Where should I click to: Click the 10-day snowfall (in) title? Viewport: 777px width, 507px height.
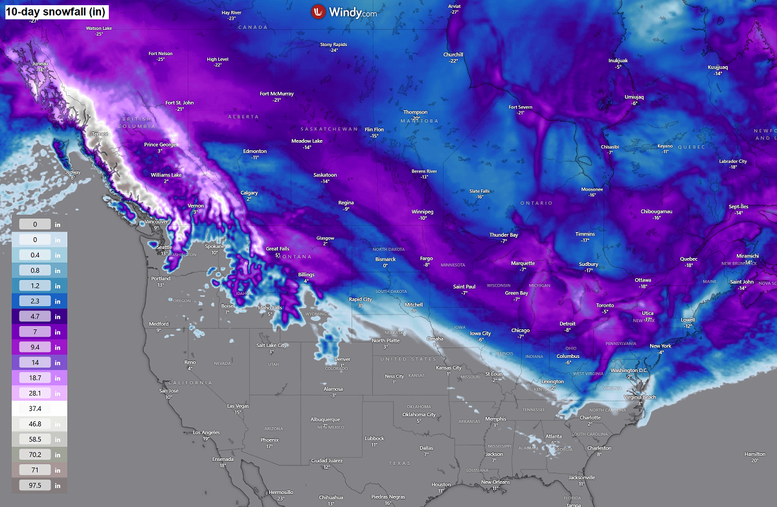(x=56, y=11)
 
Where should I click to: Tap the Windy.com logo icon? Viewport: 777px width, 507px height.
(x=318, y=11)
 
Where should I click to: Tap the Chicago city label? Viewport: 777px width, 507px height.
(x=520, y=330)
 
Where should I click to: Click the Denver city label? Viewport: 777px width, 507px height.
(x=342, y=359)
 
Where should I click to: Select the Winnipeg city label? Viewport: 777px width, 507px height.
(x=422, y=212)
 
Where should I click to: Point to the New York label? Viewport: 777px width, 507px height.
(x=660, y=346)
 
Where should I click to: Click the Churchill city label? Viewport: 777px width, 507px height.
(x=453, y=54)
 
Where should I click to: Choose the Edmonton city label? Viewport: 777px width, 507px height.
(x=255, y=151)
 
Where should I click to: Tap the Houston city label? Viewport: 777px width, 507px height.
(x=441, y=484)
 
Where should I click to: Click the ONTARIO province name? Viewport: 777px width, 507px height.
(x=537, y=203)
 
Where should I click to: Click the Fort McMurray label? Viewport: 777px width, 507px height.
(x=276, y=93)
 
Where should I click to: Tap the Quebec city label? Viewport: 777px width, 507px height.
(x=688, y=259)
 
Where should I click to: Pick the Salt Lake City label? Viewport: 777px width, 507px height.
(x=271, y=345)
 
